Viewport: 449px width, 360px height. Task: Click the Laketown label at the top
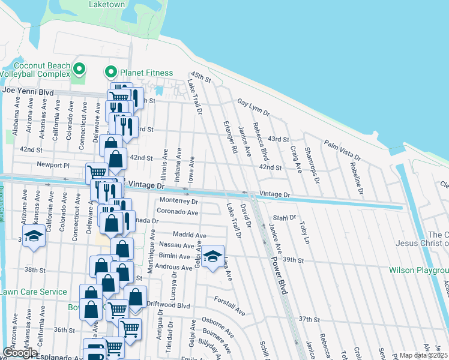107,4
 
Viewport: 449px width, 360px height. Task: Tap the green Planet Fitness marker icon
110,73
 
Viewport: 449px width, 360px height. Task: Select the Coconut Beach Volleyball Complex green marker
78,67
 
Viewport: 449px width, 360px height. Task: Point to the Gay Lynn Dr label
253,107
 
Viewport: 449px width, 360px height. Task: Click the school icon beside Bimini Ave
212,257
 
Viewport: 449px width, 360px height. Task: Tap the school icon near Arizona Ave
34,236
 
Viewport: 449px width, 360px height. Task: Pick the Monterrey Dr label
178,201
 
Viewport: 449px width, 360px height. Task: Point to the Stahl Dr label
285,218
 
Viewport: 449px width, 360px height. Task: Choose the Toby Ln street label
304,233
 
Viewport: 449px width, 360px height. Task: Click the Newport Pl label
53,164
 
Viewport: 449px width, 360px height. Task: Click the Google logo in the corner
20,353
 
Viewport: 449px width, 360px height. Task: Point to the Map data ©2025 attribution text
424,355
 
